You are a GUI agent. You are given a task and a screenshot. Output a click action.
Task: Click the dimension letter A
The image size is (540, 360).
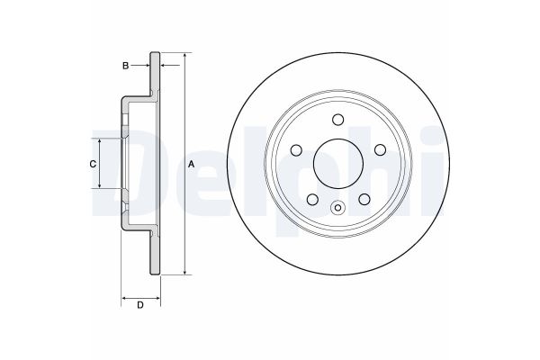point(192,165)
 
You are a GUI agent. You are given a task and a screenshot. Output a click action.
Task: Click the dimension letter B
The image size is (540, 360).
point(127,65)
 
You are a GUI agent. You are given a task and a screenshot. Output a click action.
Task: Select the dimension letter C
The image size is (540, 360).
point(91,164)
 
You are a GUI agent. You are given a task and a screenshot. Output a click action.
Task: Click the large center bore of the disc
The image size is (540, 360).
point(337,162)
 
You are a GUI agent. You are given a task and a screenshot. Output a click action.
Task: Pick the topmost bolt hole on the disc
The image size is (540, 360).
point(337,121)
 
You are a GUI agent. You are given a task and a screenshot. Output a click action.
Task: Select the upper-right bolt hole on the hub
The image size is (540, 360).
point(379,149)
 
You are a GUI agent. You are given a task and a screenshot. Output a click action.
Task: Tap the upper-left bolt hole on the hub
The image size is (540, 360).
point(297,149)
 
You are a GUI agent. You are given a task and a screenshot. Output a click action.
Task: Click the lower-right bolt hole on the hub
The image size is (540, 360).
point(364,200)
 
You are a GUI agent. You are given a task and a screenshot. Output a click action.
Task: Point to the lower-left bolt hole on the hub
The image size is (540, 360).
point(312,200)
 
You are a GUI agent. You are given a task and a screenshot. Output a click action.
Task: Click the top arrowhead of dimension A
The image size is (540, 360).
point(185,57)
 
